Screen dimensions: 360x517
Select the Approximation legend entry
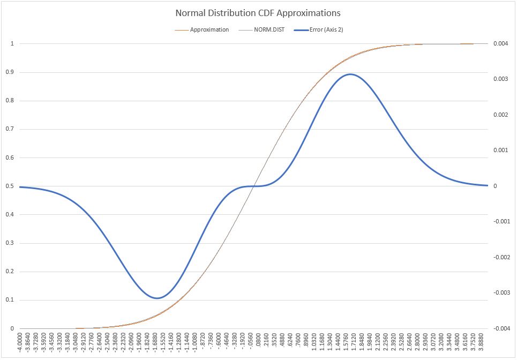(x=209, y=29)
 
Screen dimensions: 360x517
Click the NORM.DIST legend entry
(x=269, y=29)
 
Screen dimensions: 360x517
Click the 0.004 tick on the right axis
(x=500, y=44)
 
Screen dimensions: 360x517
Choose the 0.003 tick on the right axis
(x=500, y=79)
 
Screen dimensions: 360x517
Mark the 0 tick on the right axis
(x=494, y=186)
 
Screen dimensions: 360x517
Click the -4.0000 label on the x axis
(x=21, y=343)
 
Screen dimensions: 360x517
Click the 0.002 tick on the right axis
(x=500, y=115)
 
